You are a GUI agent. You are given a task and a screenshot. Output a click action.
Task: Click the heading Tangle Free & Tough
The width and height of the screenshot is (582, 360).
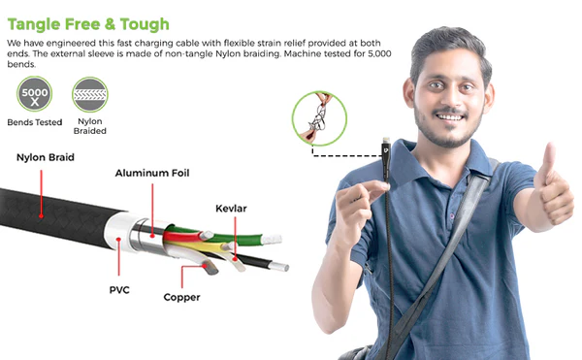88,24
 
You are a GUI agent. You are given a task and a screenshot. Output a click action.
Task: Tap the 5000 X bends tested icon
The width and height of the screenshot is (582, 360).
35,94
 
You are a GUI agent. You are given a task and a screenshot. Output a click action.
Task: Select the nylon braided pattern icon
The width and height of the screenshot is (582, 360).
90,95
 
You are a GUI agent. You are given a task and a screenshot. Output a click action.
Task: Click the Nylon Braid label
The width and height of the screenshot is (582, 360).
46,157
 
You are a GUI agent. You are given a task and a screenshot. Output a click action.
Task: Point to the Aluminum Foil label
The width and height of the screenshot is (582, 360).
152,173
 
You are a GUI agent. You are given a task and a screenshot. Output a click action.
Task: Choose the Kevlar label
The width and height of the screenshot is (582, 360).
231,209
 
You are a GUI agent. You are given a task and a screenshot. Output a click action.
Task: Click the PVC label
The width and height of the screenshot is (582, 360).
119,290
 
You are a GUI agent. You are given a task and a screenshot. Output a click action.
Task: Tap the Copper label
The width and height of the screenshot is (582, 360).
181,297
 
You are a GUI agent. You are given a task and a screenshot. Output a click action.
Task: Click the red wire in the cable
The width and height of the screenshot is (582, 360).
183,236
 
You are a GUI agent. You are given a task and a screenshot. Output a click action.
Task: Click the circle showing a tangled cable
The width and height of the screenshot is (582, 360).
319,118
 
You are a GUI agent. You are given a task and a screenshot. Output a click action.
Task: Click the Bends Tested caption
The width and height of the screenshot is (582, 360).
35,122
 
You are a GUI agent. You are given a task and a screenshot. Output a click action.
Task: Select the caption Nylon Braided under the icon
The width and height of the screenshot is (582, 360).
90,126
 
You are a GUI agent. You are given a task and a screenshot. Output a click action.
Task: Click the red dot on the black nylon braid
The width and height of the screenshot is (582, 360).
41,215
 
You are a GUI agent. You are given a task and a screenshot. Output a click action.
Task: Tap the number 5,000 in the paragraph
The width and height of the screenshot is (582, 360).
379,53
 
